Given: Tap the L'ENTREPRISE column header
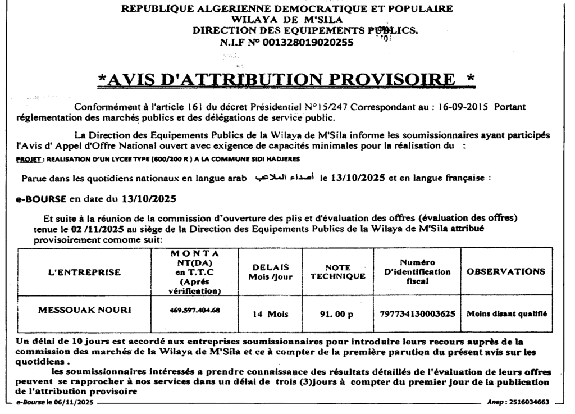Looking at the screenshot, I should tap(85, 272).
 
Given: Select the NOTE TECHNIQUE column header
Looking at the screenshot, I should tap(338, 272).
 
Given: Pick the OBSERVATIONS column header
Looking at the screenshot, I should tap(505, 271).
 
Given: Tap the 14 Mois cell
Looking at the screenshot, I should tap(270, 315).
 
